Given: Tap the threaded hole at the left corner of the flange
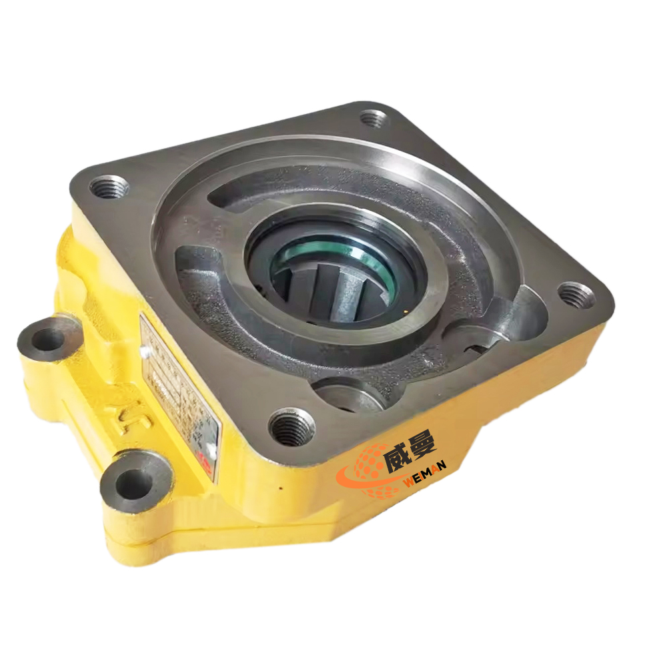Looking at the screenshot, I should pos(108,187).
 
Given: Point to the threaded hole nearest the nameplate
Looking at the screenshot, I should pos(291,428).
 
